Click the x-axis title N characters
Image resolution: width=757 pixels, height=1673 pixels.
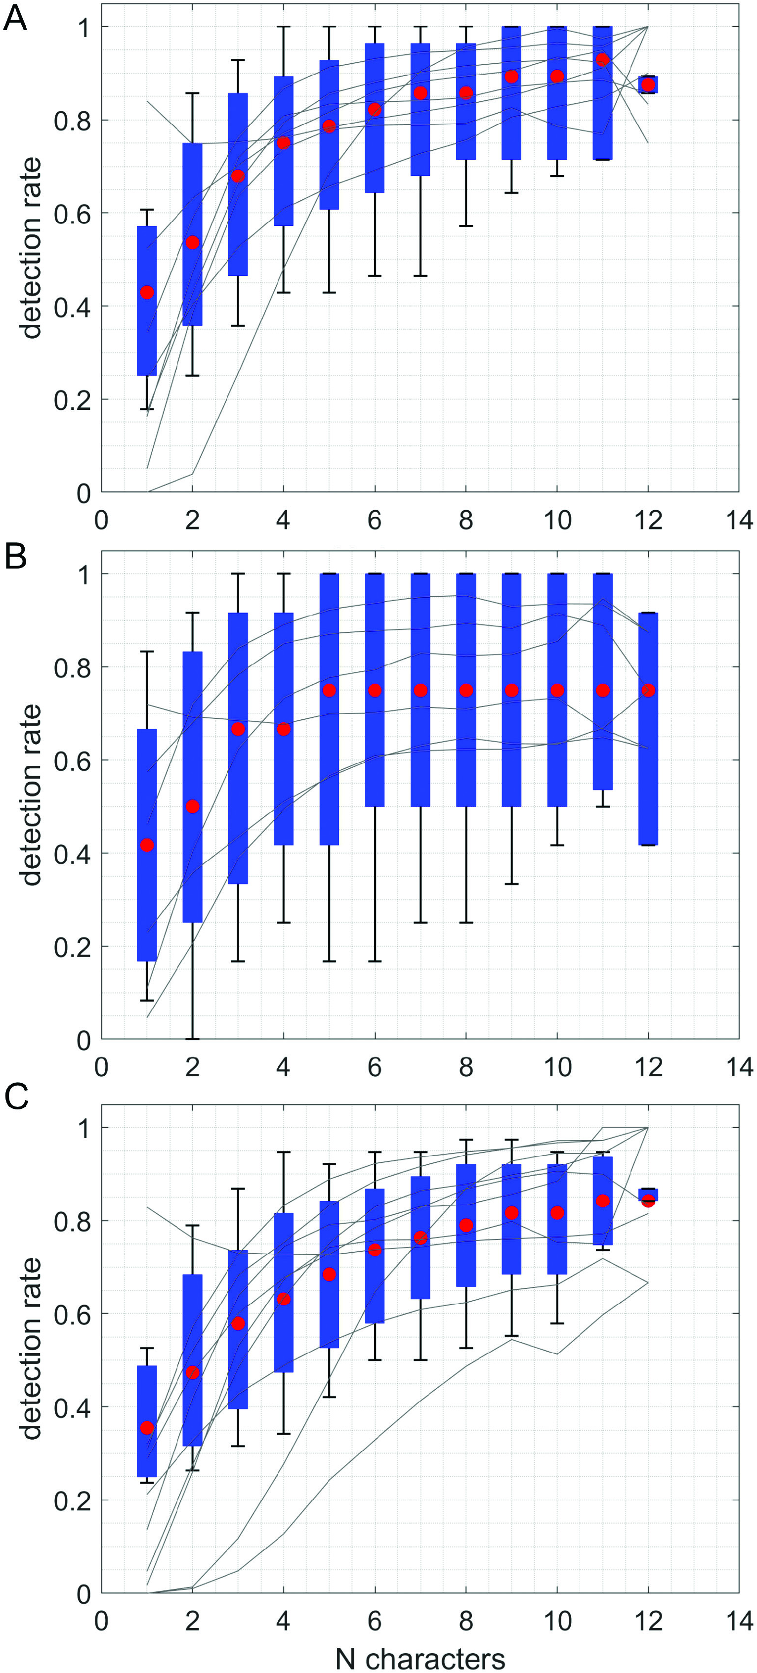coord(420,1658)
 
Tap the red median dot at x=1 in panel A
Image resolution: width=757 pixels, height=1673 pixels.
coord(147,293)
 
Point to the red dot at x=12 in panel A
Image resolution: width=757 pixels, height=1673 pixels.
coord(647,85)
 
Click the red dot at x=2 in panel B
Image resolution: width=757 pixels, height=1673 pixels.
coord(192,807)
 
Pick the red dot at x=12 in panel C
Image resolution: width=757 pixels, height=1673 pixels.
coord(647,1200)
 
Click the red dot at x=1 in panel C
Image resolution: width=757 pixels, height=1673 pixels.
coord(147,1427)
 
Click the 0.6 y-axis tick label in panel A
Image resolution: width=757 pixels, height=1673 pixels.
coord(72,214)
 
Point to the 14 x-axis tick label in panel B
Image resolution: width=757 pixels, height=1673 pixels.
coord(739,1067)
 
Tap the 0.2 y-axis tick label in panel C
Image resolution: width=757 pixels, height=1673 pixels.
coord(72,1500)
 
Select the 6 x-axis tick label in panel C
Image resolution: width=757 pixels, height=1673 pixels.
coord(375,1621)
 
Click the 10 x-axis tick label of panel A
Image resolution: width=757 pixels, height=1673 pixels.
coord(556,520)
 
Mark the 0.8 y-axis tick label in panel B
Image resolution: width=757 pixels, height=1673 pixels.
coord(72,667)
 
